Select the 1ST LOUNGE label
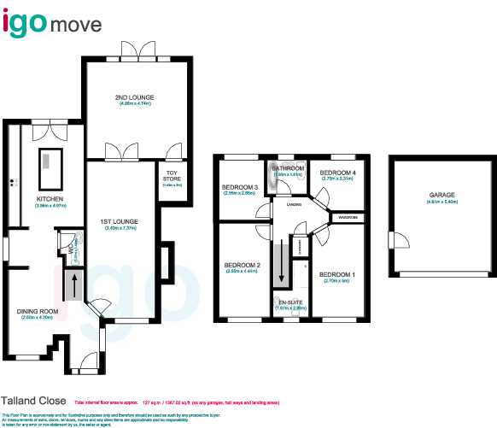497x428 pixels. click(121, 221)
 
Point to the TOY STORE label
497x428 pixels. click(172, 176)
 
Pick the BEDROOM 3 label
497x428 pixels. click(240, 187)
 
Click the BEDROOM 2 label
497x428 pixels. click(242, 265)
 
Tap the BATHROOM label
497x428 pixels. click(289, 169)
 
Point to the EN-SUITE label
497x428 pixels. click(289, 302)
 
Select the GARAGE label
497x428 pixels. click(441, 196)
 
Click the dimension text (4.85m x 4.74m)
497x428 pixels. click(133, 103)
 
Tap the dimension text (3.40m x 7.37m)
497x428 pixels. click(121, 228)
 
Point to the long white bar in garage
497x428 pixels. click(441, 274)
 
